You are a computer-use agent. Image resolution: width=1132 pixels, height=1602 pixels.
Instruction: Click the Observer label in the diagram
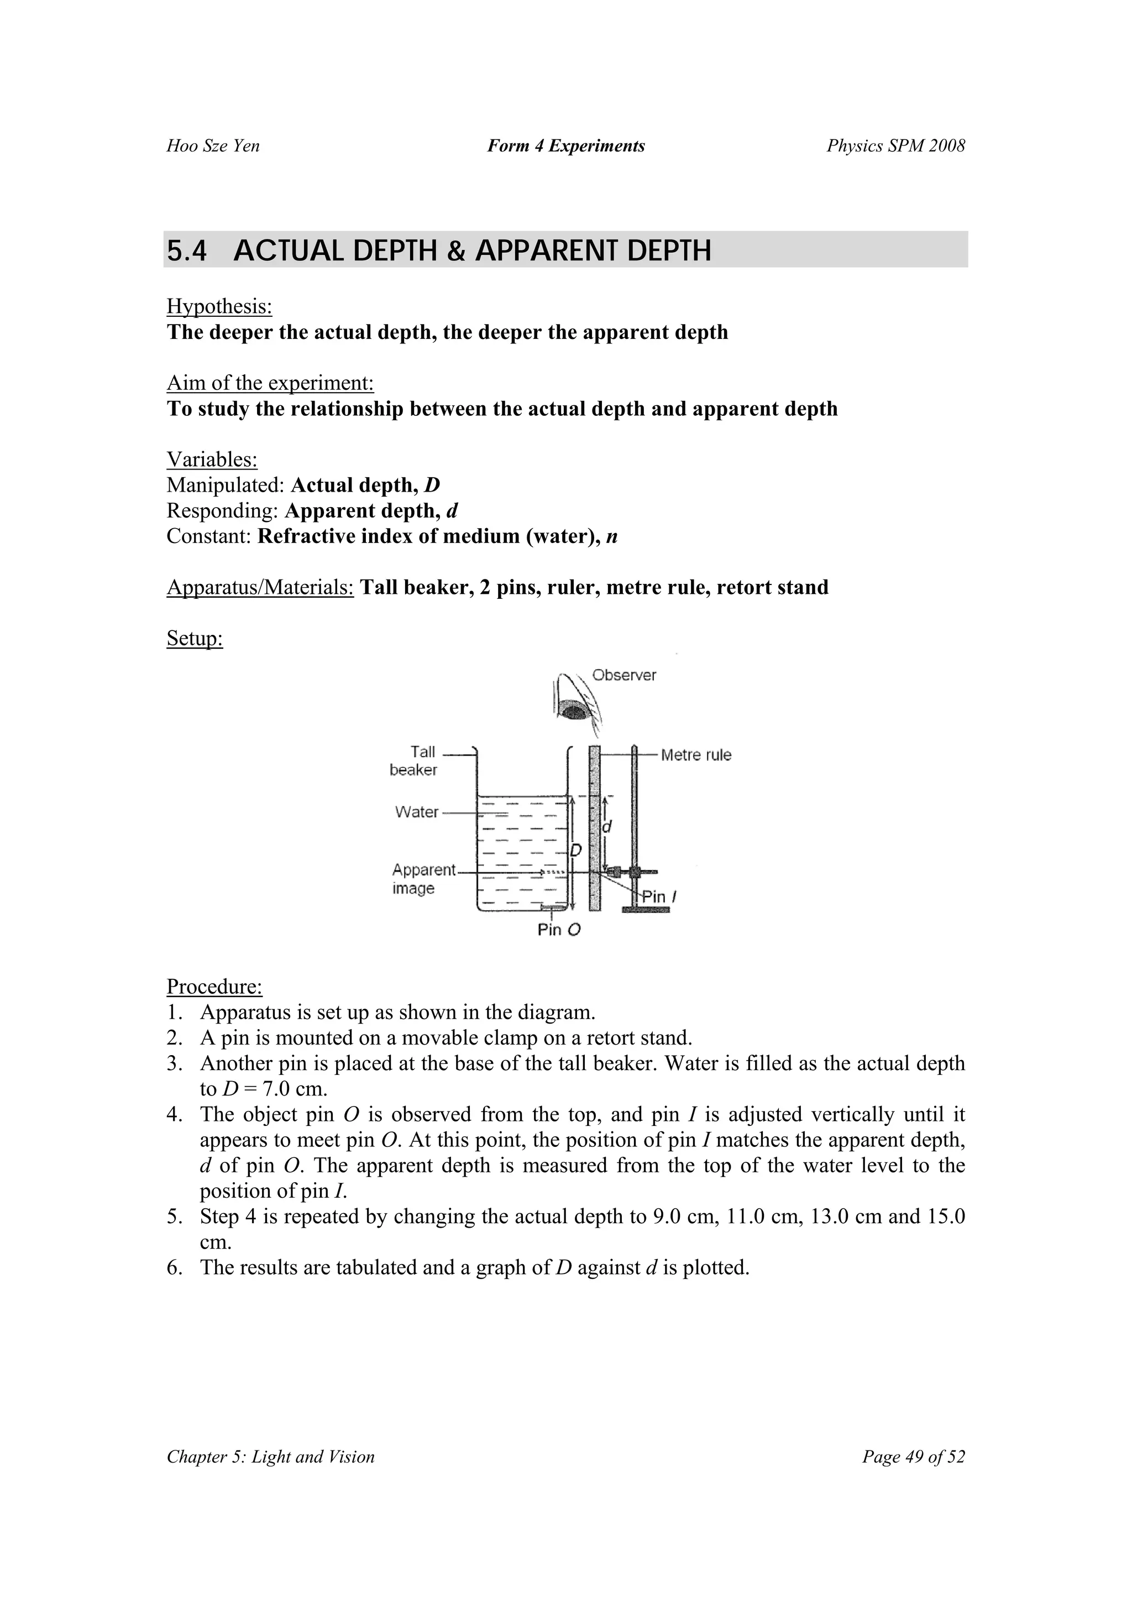coord(623,675)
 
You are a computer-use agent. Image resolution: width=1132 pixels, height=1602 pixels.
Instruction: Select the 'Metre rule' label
coord(695,754)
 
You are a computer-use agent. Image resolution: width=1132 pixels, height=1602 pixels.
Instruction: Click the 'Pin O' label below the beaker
coord(559,930)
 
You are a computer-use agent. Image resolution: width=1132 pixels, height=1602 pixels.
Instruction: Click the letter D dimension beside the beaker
coord(576,850)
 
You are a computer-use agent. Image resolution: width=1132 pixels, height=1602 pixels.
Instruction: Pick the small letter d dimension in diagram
coord(607,827)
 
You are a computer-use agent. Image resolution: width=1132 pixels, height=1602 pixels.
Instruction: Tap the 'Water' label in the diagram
coord(416,811)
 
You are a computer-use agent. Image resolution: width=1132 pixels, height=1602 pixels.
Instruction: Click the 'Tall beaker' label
coord(413,760)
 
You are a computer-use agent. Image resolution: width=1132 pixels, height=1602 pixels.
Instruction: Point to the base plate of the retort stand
coord(645,909)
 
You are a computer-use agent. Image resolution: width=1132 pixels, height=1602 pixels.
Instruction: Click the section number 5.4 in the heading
coord(187,251)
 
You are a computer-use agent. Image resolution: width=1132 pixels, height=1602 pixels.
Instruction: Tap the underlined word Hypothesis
coord(219,306)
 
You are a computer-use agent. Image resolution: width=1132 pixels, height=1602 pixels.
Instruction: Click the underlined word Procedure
coord(214,986)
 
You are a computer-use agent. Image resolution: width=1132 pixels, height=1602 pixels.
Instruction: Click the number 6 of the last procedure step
coord(173,1267)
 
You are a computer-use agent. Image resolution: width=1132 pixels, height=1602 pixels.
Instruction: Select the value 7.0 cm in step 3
coord(295,1088)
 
